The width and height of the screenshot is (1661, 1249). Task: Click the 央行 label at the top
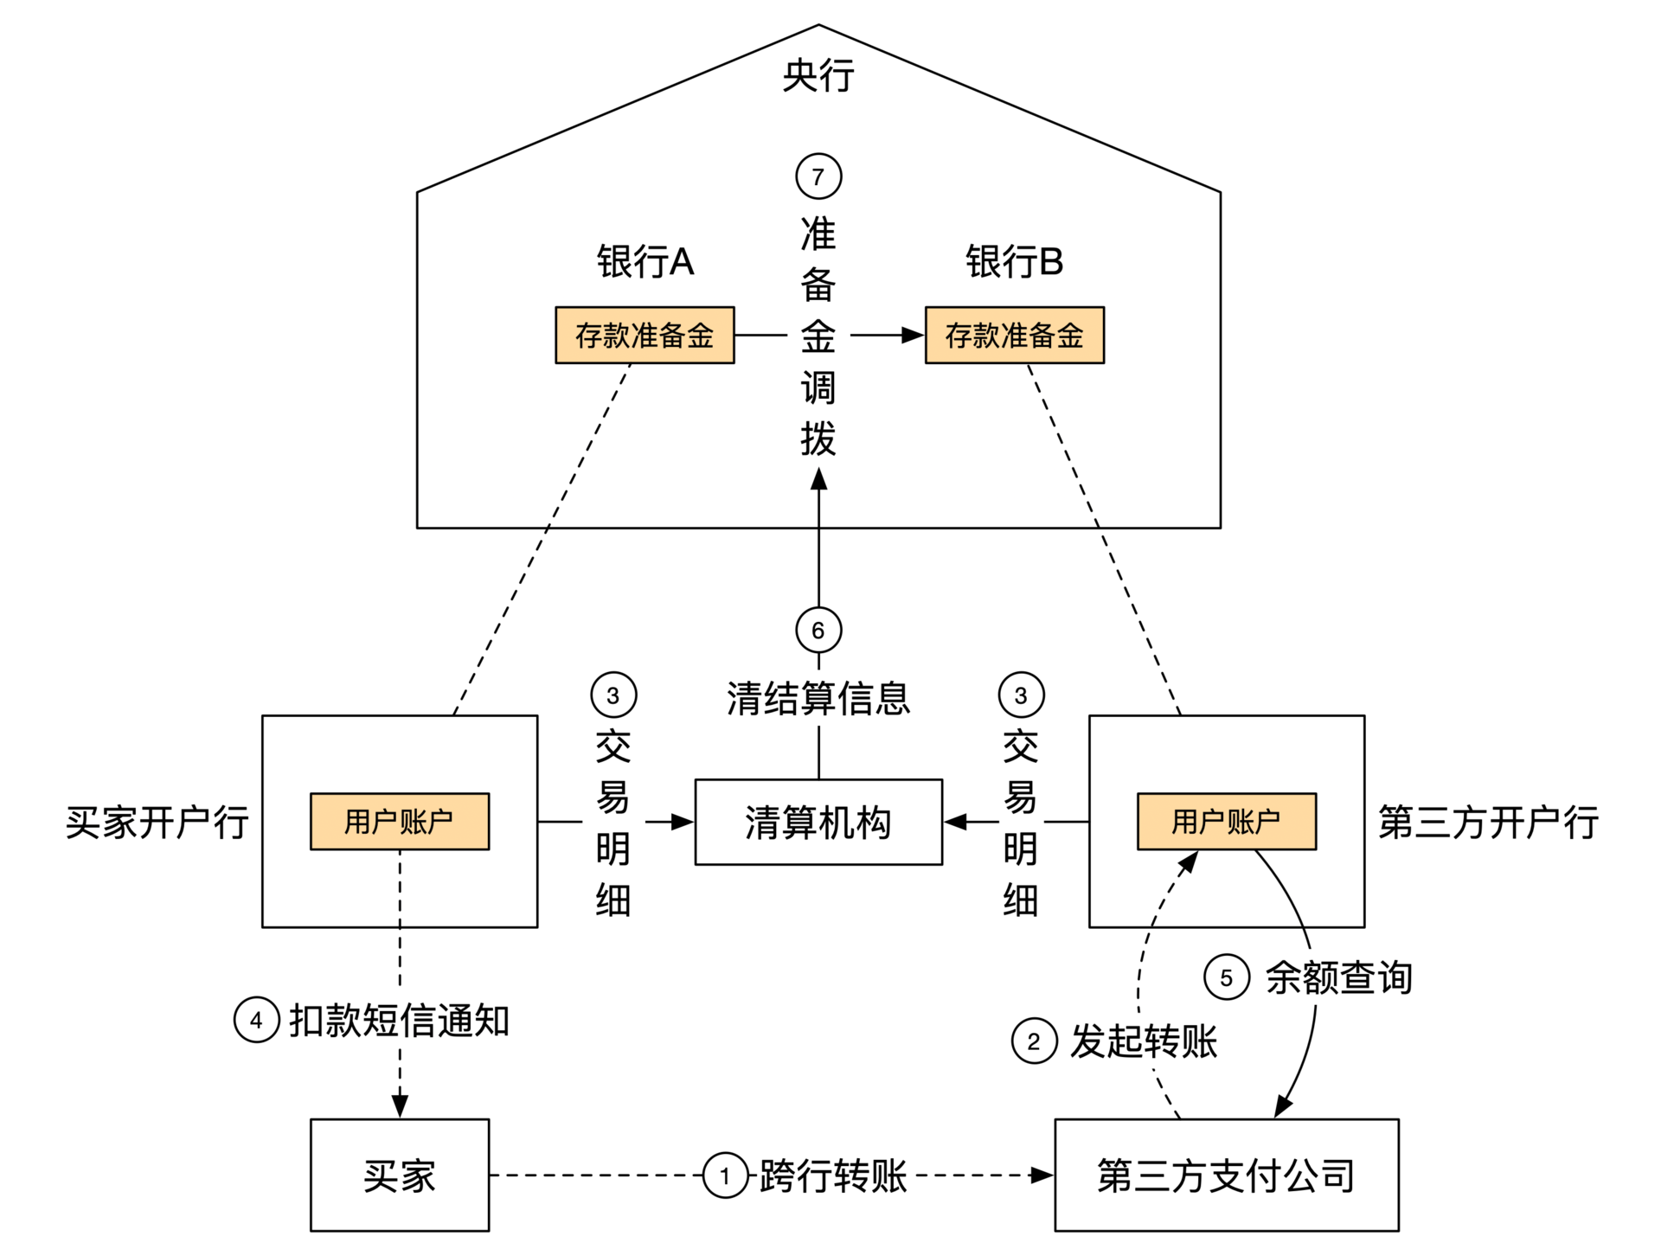(818, 76)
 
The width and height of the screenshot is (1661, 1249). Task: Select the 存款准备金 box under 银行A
(645, 335)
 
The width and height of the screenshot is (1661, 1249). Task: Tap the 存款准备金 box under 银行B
(1014, 335)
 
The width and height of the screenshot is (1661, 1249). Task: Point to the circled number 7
(818, 176)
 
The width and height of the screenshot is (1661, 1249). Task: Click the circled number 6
(818, 630)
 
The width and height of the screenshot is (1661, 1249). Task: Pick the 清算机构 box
(818, 822)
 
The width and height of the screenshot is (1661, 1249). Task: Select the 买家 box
(400, 1175)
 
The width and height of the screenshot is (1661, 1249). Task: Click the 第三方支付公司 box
(1226, 1175)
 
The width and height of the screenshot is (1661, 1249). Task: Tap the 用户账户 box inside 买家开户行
(400, 821)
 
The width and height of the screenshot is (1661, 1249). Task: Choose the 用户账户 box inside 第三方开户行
(1226, 821)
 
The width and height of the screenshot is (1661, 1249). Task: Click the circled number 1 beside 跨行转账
(725, 1175)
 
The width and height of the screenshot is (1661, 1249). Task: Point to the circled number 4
(256, 1020)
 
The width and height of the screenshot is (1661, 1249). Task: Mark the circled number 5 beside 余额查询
(1226, 977)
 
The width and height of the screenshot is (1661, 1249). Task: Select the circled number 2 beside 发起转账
(1034, 1041)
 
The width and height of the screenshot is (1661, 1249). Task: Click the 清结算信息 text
(818, 698)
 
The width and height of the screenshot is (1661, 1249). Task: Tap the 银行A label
(645, 261)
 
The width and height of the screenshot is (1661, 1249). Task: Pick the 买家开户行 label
(157, 822)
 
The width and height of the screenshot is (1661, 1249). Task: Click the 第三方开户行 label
(1488, 822)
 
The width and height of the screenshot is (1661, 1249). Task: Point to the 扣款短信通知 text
(400, 1021)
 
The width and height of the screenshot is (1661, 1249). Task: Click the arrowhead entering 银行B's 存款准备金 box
(914, 335)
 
